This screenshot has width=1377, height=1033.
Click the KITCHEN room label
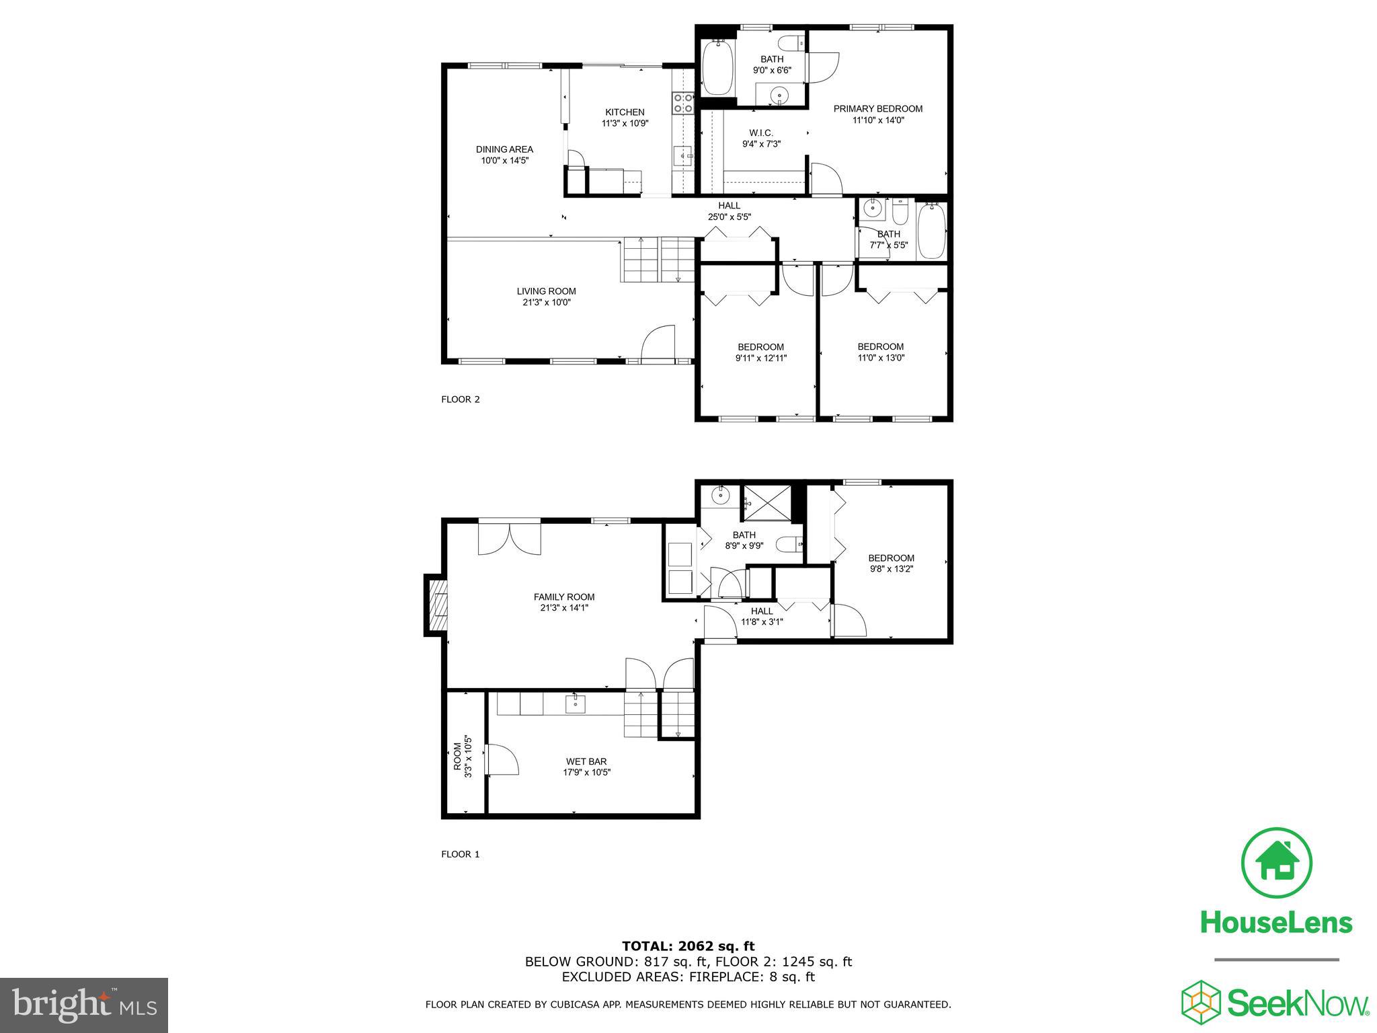pos(625,112)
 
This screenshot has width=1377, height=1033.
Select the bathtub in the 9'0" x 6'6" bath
pos(717,69)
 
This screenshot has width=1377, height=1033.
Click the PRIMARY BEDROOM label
pos(877,109)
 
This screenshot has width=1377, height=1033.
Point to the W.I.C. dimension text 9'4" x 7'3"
pos(761,144)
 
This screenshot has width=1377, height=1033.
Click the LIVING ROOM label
pos(546,291)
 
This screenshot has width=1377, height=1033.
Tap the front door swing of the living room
pos(658,344)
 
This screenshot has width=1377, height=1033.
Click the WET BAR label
pos(586,762)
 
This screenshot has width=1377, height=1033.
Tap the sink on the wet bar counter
pos(576,705)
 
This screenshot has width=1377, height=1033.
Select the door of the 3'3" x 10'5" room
pos(501,761)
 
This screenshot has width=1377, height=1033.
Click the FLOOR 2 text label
pos(460,399)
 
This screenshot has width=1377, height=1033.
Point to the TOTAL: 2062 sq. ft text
pos(688,947)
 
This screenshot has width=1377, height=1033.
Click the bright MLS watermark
pos(83,1005)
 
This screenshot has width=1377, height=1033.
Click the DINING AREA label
pos(504,149)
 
